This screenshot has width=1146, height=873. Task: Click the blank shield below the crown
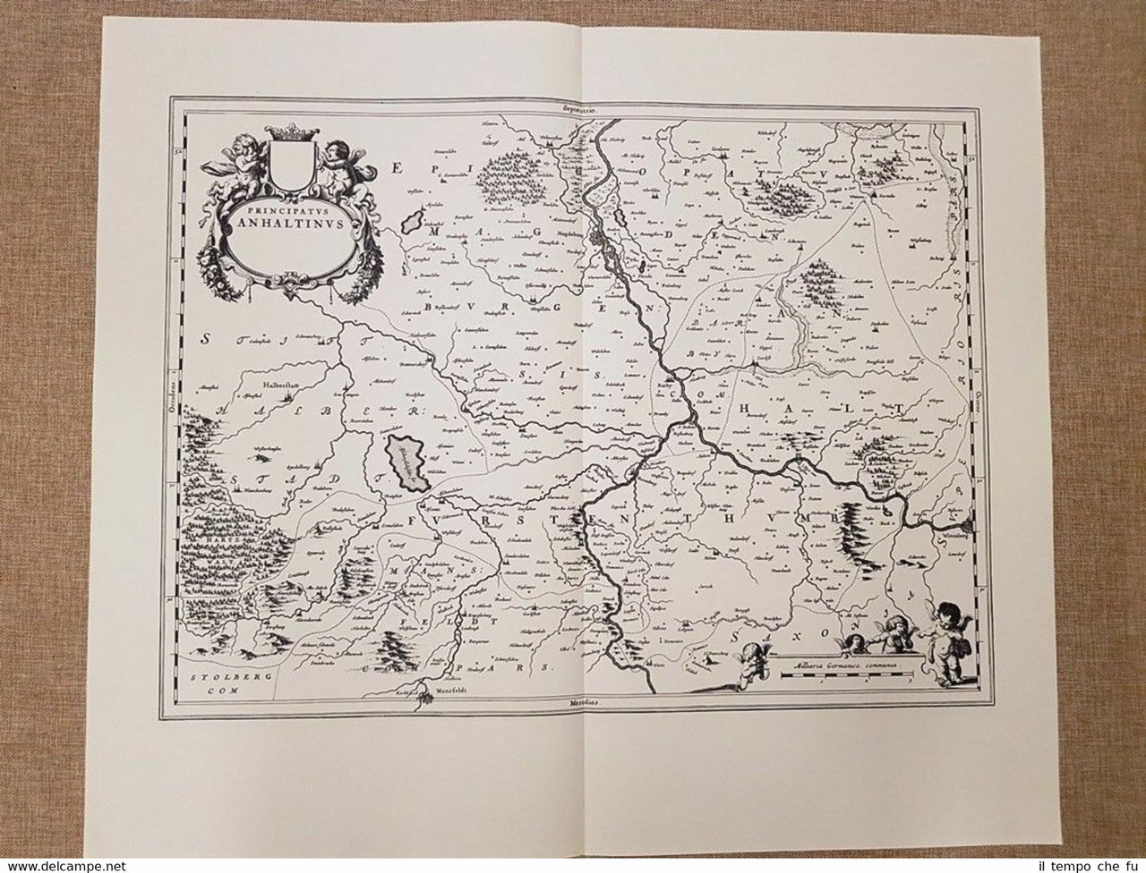[x=288, y=170]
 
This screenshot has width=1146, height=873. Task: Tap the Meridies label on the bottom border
[x=582, y=707]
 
